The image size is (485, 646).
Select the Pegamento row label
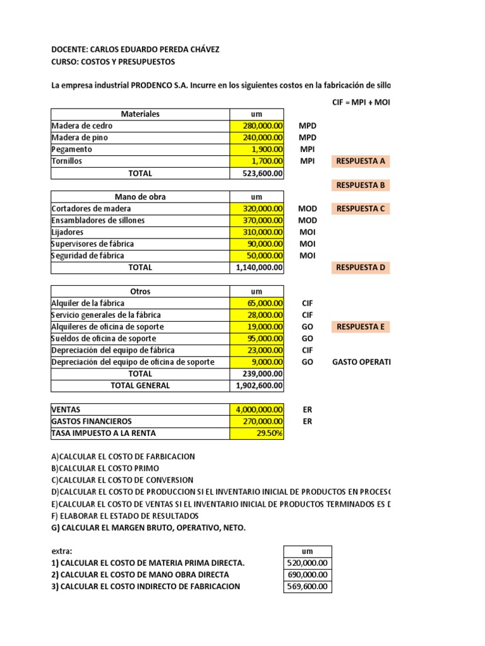pos(72,150)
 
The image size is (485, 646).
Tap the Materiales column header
pos(140,114)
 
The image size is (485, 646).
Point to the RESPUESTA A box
pos(361,161)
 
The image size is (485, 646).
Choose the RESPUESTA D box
pos(361,267)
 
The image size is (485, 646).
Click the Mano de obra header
pos(140,197)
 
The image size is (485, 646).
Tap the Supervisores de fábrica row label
pos(92,244)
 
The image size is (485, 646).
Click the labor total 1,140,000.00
pos(258,267)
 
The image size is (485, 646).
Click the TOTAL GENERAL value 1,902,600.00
pos(258,385)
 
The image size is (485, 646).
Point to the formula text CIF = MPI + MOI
pos(361,102)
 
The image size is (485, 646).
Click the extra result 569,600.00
pos(308,586)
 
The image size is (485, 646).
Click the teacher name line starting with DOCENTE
pos(136,49)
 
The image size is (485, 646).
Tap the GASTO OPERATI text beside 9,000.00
pos(361,362)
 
